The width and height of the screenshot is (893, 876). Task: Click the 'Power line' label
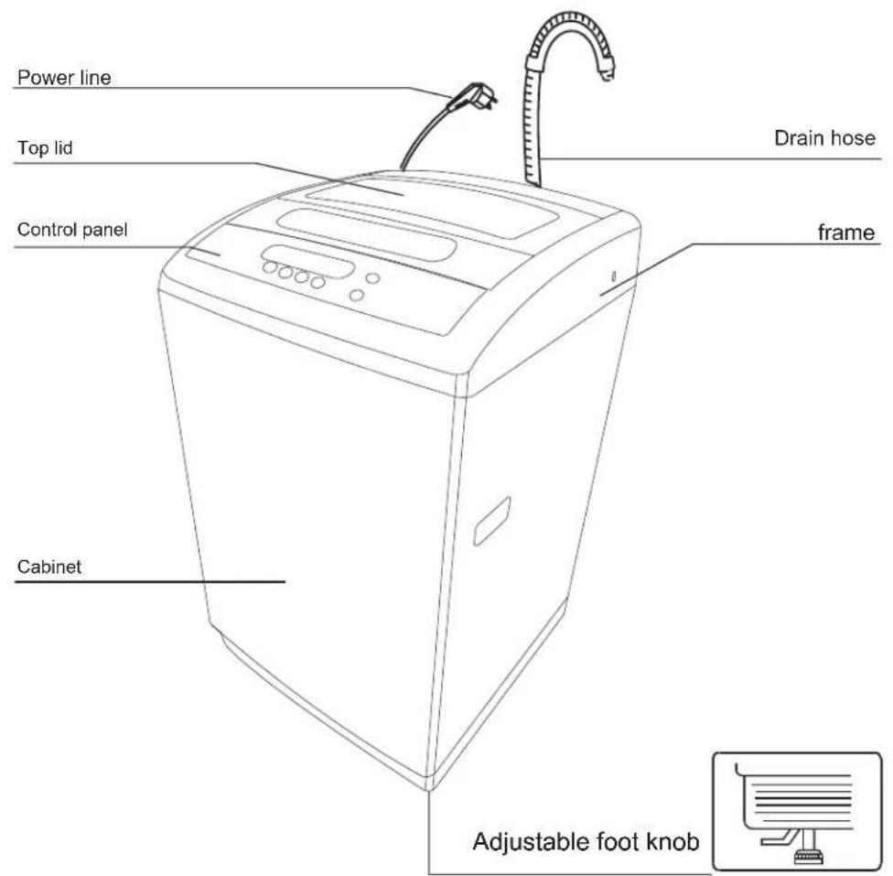pyautogui.click(x=64, y=78)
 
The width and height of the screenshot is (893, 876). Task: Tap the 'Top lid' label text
pyautogui.click(x=45, y=148)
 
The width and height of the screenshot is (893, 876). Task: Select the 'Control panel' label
pyautogui.click(x=72, y=230)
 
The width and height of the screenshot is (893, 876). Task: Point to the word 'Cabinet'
pyautogui.click(x=49, y=567)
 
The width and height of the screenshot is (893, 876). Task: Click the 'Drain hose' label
pyautogui.click(x=824, y=138)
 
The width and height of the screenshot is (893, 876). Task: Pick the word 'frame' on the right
pyautogui.click(x=846, y=233)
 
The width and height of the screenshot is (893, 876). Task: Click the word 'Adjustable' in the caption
pyautogui.click(x=531, y=842)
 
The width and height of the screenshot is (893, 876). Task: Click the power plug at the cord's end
pyautogui.click(x=473, y=96)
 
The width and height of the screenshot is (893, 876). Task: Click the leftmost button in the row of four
pyautogui.click(x=270, y=267)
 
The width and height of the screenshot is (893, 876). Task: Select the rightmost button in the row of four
pyautogui.click(x=317, y=282)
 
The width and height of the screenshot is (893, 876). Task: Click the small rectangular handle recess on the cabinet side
pyautogui.click(x=492, y=521)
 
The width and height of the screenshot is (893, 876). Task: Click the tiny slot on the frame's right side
pyautogui.click(x=613, y=276)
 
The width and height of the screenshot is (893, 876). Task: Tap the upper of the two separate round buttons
pyautogui.click(x=372, y=278)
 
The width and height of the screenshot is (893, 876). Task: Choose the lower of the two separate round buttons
pyautogui.click(x=357, y=296)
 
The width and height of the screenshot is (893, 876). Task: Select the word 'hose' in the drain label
pyautogui.click(x=852, y=138)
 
